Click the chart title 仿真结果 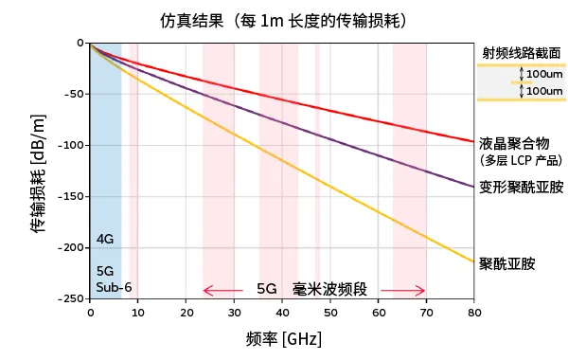click(x=195, y=20)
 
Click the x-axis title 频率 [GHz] click(x=282, y=339)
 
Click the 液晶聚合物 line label click(x=515, y=143)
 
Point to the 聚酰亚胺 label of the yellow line click(x=507, y=263)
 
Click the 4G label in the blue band click(x=105, y=239)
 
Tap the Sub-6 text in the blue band click(x=113, y=286)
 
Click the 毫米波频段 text click(x=328, y=289)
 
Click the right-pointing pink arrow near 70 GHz click(x=408, y=290)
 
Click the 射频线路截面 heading click(x=521, y=53)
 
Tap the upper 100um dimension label click(x=543, y=74)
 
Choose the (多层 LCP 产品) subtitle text click(x=521, y=161)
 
